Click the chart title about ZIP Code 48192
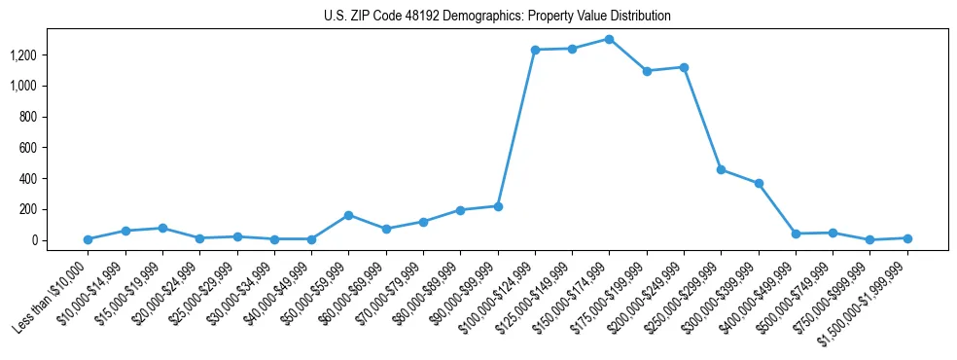[497, 17]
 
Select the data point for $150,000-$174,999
[609, 39]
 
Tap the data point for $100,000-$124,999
[535, 50]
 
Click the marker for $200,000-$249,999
[684, 67]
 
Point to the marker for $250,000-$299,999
[721, 169]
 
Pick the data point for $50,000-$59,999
[348, 215]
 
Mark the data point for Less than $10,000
[88, 239]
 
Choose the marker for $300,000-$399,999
[759, 183]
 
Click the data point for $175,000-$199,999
[647, 71]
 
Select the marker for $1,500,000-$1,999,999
[907, 238]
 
